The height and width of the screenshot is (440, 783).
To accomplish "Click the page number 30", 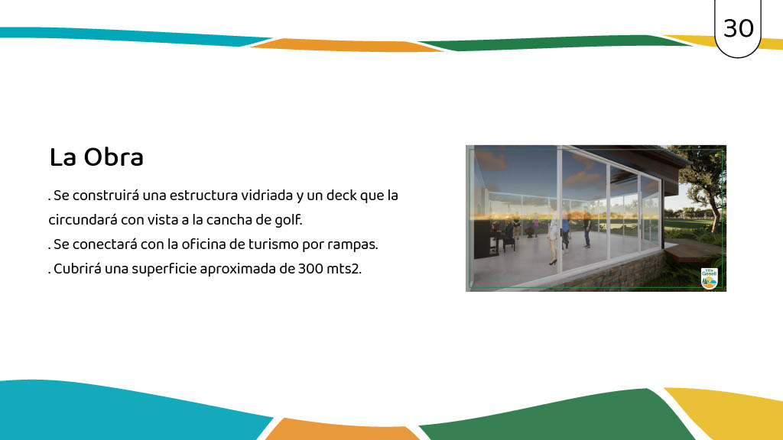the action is (x=738, y=28).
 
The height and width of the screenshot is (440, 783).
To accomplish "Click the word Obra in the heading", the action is (x=113, y=157).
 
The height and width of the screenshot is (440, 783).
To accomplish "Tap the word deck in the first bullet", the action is (x=342, y=195).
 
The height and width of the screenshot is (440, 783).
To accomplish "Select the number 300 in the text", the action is (x=310, y=269).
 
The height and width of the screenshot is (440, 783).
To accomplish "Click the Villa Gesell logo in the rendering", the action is (x=709, y=278).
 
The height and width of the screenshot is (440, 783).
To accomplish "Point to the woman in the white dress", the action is (x=554, y=238).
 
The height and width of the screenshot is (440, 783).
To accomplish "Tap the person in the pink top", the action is (x=535, y=225).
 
